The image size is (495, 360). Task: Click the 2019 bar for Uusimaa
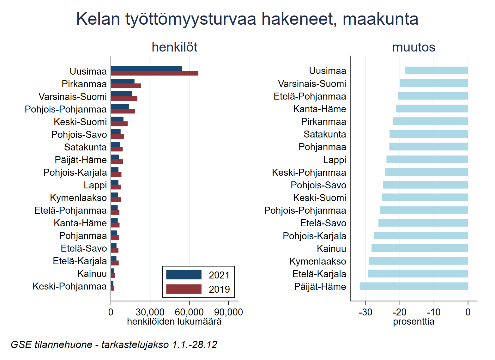click(154, 73)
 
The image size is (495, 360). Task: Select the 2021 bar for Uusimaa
click(147, 69)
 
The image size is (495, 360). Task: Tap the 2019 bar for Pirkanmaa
click(126, 86)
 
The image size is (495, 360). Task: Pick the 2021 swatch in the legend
click(184, 275)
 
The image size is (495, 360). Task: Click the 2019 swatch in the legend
click(184, 289)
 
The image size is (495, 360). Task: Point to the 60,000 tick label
click(189, 312)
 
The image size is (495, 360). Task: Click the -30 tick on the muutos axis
click(365, 312)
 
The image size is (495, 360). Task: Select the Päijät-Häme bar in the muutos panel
click(414, 286)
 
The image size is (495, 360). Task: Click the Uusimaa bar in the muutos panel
click(436, 70)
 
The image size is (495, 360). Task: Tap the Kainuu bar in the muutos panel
click(420, 248)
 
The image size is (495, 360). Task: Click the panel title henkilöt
click(174, 47)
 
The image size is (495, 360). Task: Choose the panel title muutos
click(414, 47)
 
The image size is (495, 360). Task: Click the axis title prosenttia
click(414, 322)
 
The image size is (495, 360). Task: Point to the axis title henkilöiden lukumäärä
click(174, 322)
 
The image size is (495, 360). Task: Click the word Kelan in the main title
click(98, 19)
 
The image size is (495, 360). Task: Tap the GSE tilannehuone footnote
click(114, 345)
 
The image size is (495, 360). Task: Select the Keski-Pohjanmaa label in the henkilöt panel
click(69, 286)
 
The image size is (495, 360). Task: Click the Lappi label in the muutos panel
click(335, 160)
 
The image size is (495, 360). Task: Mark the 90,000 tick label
click(228, 312)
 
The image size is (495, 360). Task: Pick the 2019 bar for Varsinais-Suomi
click(124, 99)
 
